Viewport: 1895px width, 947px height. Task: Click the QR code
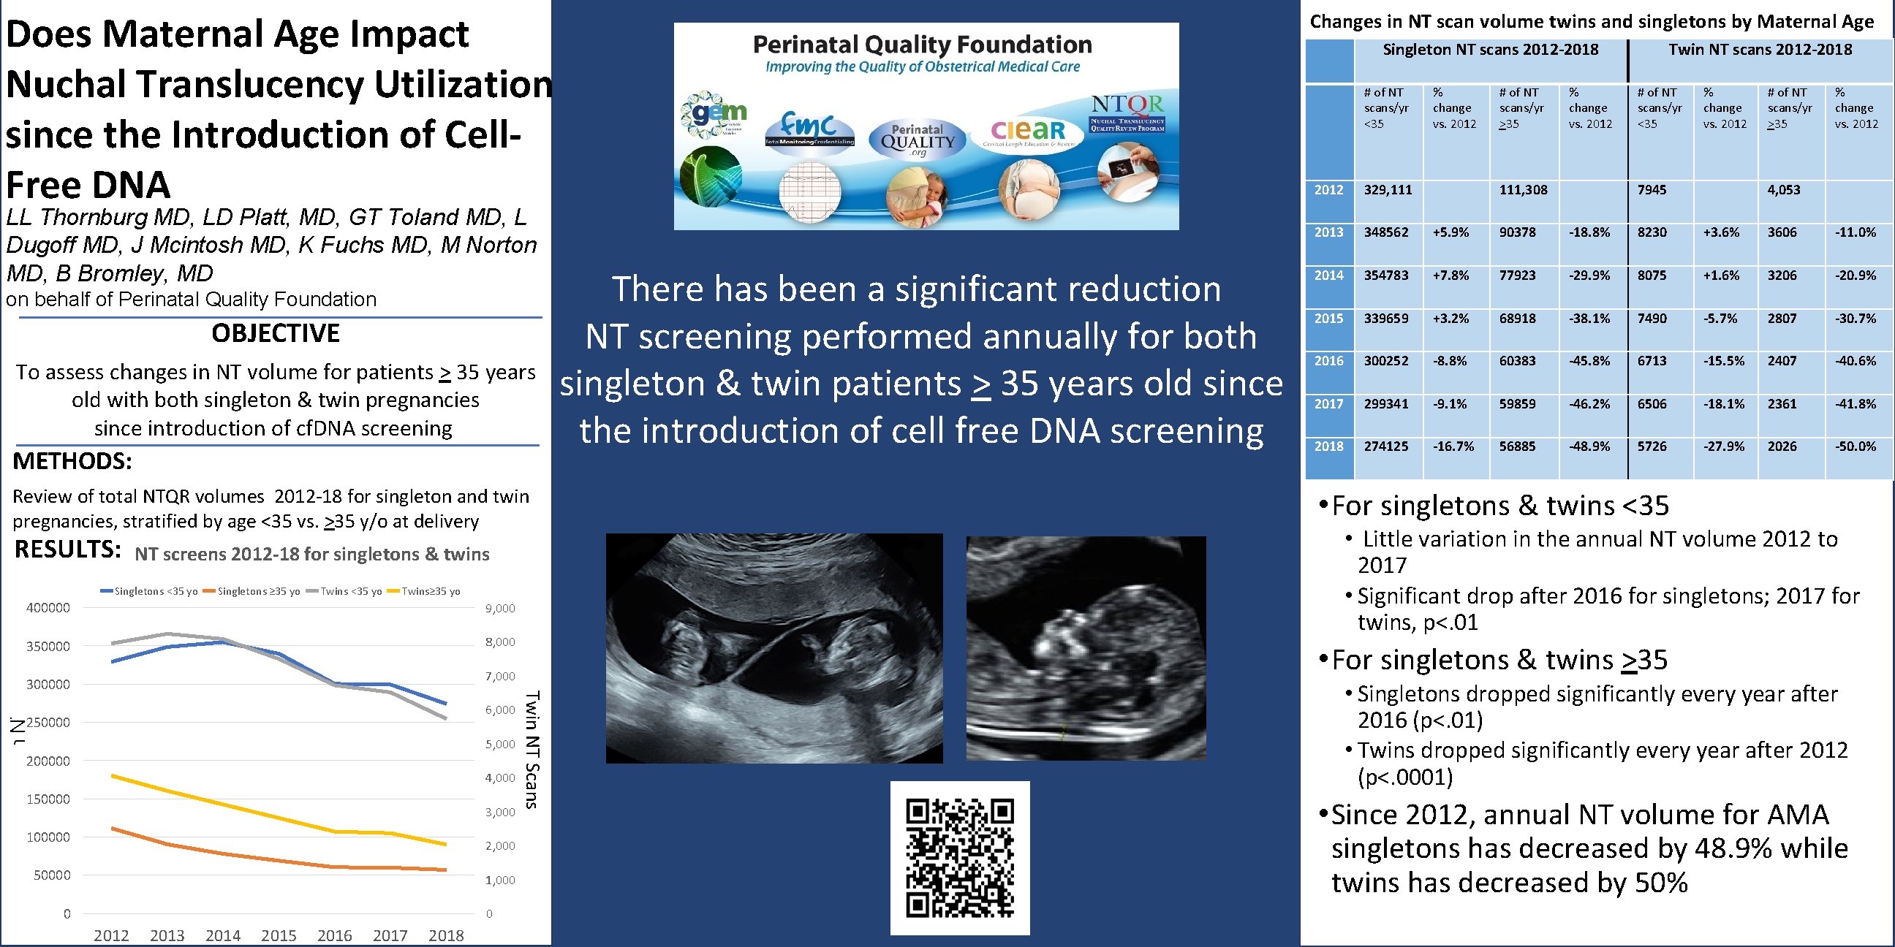[959, 857]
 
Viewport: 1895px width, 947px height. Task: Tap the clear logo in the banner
[1029, 132]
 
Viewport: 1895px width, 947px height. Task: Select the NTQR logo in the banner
[1127, 113]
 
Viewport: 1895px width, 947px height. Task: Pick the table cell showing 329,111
[1388, 190]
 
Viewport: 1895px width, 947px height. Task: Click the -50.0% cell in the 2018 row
[1856, 446]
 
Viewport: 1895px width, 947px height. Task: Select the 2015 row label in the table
[1328, 319]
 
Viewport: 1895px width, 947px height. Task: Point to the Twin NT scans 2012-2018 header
[1760, 49]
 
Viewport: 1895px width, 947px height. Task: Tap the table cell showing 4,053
[1783, 190]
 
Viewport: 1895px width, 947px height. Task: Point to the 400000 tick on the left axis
[48, 608]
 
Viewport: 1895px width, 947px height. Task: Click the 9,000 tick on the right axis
[500, 608]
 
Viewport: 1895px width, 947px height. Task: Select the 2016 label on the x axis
[334, 935]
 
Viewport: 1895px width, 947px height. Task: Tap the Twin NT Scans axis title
[532, 750]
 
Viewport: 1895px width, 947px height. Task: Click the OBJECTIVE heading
[275, 333]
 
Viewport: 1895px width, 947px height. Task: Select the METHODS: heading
[72, 461]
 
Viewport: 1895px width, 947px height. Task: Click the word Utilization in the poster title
[464, 84]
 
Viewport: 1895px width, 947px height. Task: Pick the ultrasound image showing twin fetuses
[774, 647]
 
